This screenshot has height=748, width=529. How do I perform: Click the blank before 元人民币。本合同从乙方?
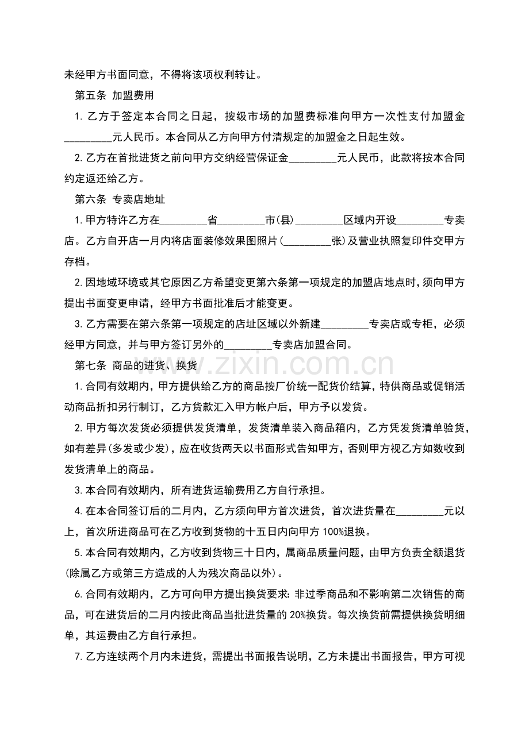click(x=87, y=138)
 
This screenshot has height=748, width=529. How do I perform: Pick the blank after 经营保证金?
click(x=312, y=158)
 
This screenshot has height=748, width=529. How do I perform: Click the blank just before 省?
click(x=183, y=221)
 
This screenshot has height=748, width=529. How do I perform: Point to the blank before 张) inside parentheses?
click(x=308, y=242)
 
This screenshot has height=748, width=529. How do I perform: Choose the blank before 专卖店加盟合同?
click(x=247, y=345)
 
